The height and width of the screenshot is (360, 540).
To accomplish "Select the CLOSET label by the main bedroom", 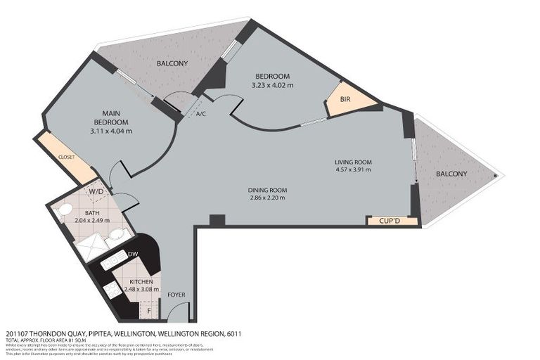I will click(66, 157).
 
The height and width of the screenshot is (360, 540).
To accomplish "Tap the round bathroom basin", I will click(119, 233).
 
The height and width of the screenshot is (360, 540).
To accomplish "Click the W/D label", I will click(96, 191).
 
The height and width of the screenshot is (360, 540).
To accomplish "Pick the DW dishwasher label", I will click(133, 254).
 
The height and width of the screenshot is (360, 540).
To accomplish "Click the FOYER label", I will click(175, 295).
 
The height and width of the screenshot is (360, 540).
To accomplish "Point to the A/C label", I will click(200, 113).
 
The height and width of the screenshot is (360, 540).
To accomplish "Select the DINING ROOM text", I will click(267, 190).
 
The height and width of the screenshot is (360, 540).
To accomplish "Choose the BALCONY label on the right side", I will click(451, 174).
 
